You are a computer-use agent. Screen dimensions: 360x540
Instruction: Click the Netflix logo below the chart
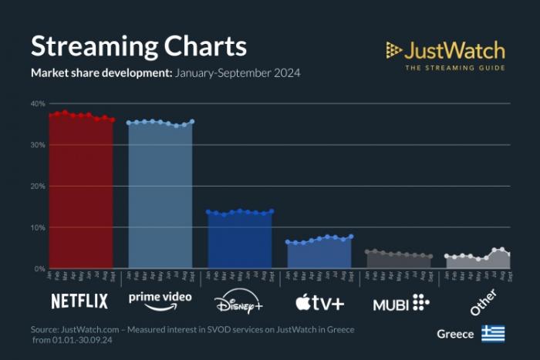79,301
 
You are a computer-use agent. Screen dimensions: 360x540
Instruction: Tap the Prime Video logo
160,299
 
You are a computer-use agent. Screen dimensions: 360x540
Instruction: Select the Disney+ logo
238,301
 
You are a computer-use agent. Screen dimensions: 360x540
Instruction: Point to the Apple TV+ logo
319,301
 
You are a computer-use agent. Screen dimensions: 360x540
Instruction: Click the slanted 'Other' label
483,301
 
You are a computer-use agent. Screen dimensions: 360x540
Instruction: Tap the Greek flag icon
493,334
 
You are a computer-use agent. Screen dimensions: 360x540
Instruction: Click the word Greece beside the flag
455,335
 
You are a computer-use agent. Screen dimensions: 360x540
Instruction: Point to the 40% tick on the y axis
38,103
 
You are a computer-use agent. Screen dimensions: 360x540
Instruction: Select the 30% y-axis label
38,145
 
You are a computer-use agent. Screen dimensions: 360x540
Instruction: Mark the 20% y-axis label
38,186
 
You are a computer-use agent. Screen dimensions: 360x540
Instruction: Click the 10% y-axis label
38,227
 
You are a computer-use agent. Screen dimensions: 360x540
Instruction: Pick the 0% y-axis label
39,268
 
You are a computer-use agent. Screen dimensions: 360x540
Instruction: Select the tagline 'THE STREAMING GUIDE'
454,68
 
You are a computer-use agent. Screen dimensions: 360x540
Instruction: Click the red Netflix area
81,193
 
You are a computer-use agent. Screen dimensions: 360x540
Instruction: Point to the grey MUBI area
399,261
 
